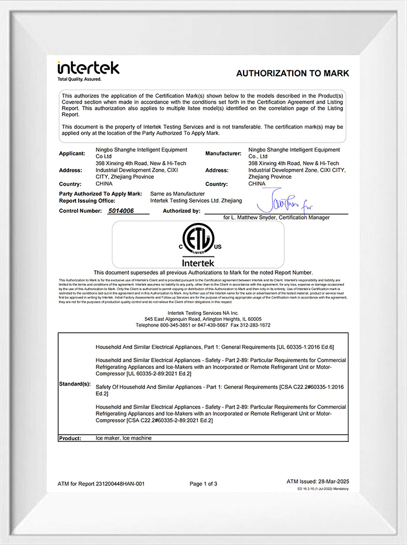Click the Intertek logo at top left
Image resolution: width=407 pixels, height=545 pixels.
(88, 69)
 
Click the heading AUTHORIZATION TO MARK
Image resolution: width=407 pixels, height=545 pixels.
(292, 73)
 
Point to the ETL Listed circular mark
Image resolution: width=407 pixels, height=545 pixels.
(198, 241)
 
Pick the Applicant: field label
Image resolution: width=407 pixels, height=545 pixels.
(72, 153)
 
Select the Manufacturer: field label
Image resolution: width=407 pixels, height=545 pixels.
(223, 153)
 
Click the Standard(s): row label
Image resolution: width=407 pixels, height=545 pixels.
(74, 385)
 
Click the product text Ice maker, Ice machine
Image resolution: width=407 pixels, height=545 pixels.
(124, 438)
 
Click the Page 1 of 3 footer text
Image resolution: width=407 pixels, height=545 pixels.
(203, 484)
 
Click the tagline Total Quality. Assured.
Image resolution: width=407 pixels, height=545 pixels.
(79, 79)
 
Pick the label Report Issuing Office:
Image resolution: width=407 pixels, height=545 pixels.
(87, 200)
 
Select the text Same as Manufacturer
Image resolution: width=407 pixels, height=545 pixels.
(173, 193)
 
